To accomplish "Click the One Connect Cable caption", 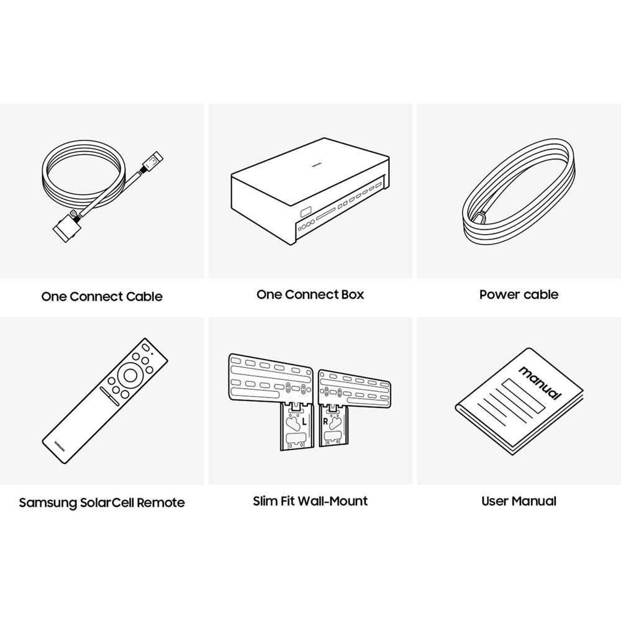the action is click(x=102, y=297).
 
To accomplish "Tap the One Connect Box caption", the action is click(x=310, y=294).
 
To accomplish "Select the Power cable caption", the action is click(x=519, y=294).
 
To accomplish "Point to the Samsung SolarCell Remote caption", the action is click(x=102, y=502).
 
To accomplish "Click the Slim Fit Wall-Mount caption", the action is click(x=310, y=501).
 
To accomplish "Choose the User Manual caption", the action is click(x=519, y=501).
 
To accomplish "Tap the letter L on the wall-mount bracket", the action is click(x=304, y=422).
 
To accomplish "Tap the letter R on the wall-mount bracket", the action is click(x=325, y=422).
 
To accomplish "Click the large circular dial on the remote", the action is click(x=130, y=375).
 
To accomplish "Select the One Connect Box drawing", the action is click(x=310, y=191).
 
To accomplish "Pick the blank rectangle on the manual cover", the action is click(x=525, y=395).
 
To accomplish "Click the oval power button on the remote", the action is click(x=145, y=347).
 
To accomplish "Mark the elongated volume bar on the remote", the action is click(x=110, y=396).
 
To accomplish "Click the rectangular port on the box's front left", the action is click(x=306, y=212).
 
